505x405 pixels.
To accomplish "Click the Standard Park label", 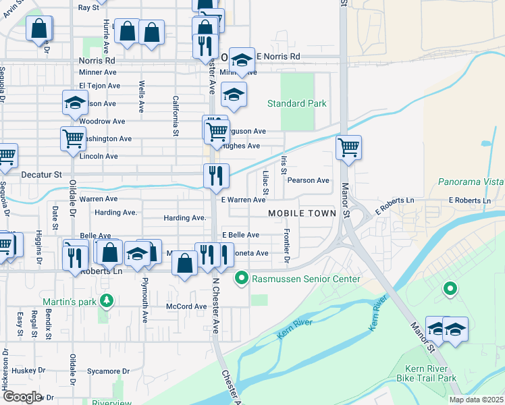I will click(296, 103).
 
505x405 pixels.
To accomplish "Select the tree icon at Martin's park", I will click(106, 300).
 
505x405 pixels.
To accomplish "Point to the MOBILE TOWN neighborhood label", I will click(302, 213).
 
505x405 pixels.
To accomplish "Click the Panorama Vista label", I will click(471, 182).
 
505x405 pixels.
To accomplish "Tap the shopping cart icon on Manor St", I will click(348, 147).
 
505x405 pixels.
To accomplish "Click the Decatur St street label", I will click(41, 174).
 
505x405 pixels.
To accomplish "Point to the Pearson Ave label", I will click(308, 180).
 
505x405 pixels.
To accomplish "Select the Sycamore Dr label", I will click(107, 371).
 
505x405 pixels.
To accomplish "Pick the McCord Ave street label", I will click(186, 306).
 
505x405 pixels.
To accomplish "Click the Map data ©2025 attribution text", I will click(475, 400).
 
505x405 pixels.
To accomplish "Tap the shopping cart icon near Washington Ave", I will click(73, 138).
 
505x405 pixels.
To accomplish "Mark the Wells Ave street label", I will click(141, 96).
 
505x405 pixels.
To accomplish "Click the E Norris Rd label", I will click(276, 57).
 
